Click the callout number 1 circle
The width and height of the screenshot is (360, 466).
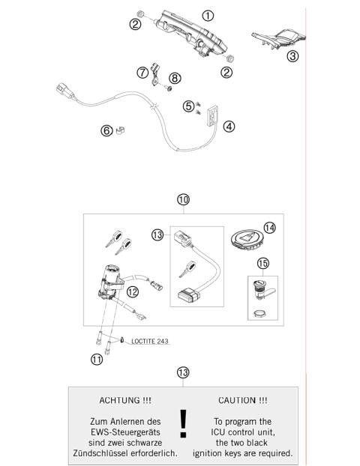point(208,15)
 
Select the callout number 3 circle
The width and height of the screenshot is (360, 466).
point(293,55)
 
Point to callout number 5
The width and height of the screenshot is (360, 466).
point(188,106)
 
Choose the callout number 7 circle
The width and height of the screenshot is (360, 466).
point(142,73)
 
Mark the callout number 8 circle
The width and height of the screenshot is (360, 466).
point(174,77)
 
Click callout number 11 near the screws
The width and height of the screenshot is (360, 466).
point(96,359)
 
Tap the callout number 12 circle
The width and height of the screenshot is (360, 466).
point(132,291)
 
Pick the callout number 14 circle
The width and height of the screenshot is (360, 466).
point(269,227)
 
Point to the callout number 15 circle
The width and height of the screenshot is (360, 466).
point(262,264)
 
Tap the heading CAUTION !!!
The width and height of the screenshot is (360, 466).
point(242,401)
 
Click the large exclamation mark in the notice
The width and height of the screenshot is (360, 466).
point(183,423)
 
